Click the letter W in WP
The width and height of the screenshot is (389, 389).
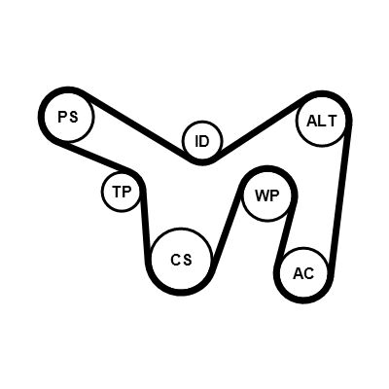(262, 195)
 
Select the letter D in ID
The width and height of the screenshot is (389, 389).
(205, 141)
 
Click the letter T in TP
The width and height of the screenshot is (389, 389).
(117, 192)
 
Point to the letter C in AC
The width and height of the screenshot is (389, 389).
(309, 274)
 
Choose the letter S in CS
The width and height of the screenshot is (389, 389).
(187, 260)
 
